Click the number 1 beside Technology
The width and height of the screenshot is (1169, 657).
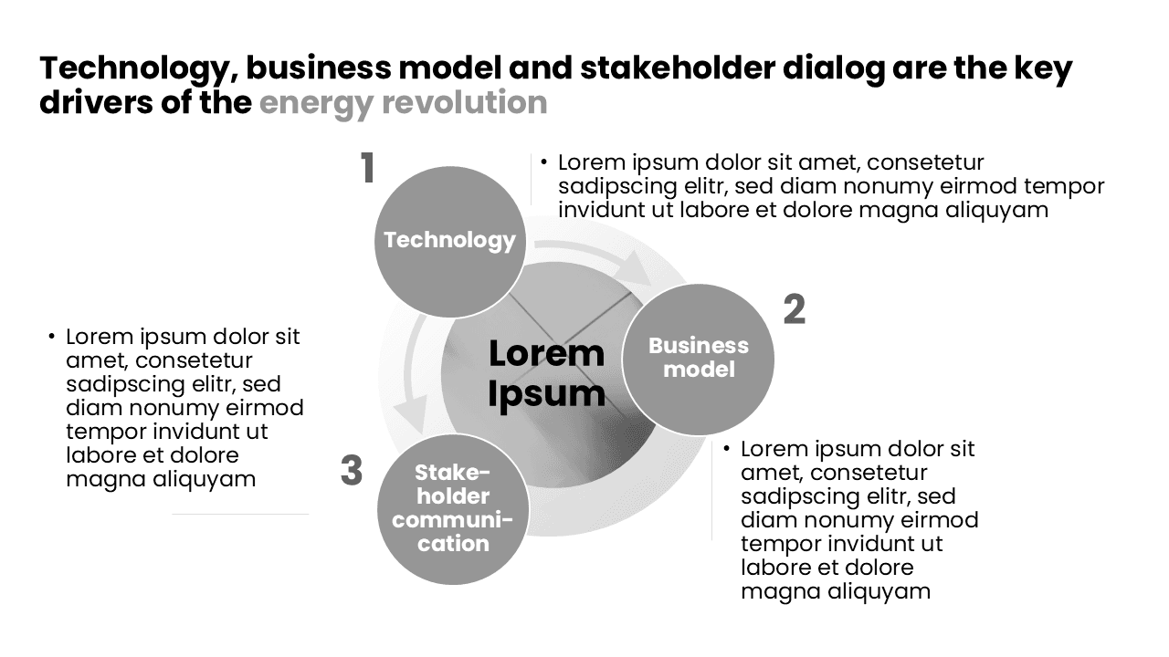367,169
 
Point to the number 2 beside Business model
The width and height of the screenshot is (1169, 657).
795,310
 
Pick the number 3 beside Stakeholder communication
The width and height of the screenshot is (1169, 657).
352,472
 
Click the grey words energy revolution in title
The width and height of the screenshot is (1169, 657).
403,102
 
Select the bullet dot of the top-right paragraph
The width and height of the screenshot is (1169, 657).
544,163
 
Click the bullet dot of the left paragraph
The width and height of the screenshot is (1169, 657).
52,337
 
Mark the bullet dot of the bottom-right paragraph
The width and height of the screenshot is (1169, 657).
727,449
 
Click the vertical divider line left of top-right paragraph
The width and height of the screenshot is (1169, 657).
531,179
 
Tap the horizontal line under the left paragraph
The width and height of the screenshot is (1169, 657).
239,514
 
